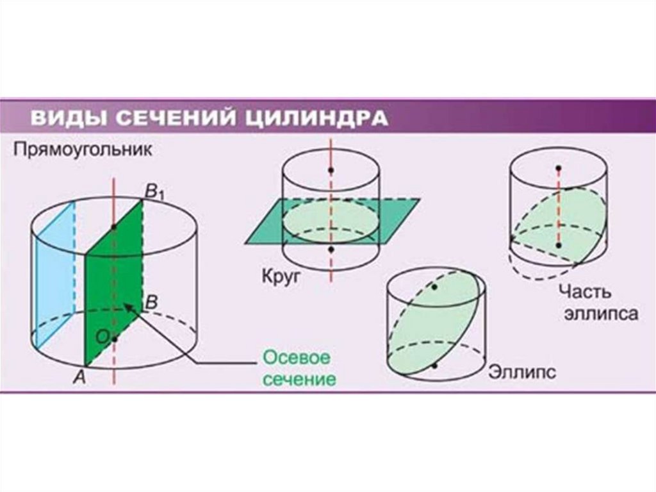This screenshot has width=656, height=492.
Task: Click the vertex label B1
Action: click(x=154, y=191)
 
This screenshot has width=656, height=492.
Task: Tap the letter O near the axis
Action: click(x=101, y=336)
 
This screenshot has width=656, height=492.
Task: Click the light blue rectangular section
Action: click(x=54, y=276)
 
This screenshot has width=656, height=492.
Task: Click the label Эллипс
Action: click(x=521, y=371)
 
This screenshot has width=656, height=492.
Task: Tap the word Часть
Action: click(x=585, y=291)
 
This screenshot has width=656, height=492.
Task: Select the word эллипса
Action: click(x=600, y=314)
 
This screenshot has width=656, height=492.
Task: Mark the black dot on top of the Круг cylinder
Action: click(x=331, y=170)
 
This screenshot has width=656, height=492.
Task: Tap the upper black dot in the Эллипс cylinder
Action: click(x=434, y=287)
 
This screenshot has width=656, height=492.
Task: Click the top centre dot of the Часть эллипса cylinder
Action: click(x=559, y=168)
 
